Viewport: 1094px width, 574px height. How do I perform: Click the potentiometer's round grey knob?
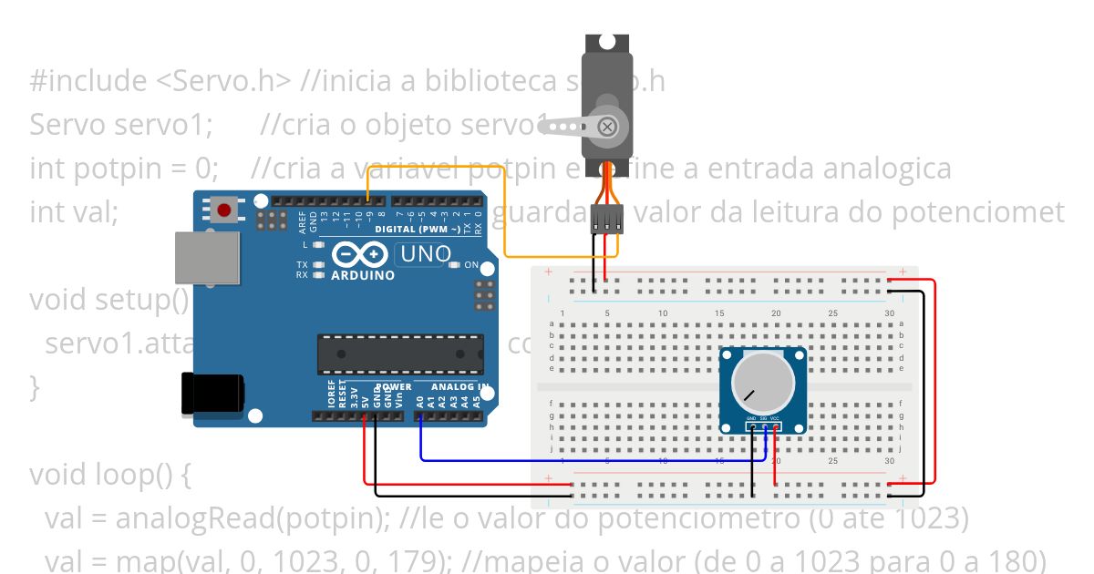[x=762, y=384]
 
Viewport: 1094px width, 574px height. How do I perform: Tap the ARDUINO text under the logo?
[x=363, y=275]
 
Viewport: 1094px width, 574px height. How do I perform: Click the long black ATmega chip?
[x=399, y=354]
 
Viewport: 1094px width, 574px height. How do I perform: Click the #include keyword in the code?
[x=88, y=81]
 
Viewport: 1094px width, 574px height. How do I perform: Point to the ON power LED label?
[x=471, y=265]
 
